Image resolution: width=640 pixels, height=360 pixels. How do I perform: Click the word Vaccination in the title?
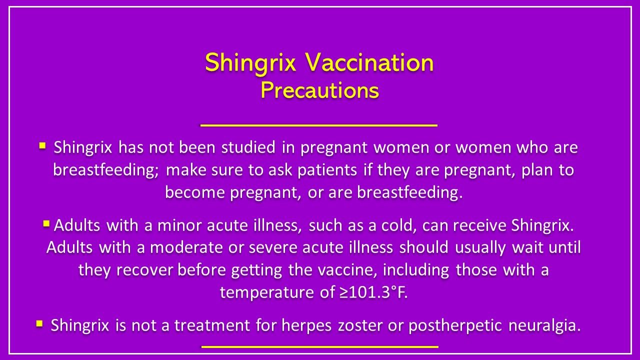(x=369, y=62)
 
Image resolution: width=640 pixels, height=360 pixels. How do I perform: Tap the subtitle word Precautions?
(x=319, y=90)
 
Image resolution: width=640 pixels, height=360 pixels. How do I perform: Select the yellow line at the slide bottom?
(x=319, y=346)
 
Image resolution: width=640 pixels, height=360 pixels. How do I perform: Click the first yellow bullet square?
(x=42, y=146)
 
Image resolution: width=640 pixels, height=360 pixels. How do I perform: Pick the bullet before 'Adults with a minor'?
(x=46, y=223)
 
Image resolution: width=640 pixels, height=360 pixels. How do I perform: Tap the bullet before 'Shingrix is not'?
(x=39, y=324)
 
